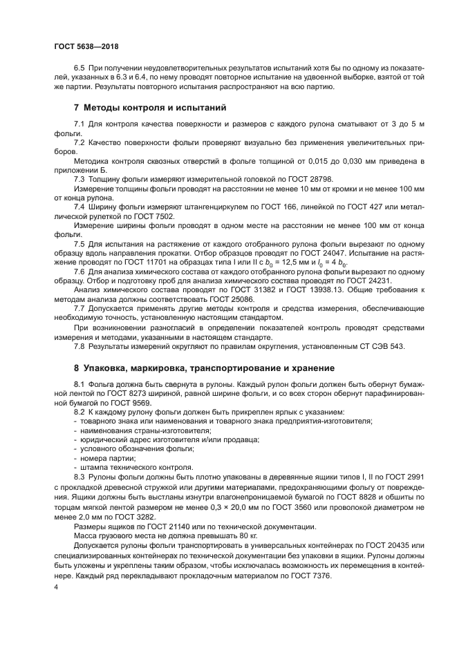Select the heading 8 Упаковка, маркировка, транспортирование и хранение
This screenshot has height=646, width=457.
pyautogui.click(x=204, y=368)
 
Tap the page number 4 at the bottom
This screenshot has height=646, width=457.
pyautogui.click(x=55, y=586)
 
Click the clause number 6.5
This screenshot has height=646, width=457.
pyautogui.click(x=79, y=68)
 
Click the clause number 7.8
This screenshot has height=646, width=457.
pyautogui.click(x=79, y=345)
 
